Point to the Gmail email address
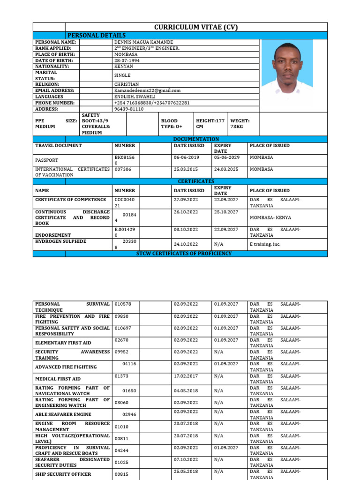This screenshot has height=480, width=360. pos(147,90)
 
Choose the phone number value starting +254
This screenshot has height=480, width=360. pos(152,103)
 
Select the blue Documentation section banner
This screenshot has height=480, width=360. pos(196,139)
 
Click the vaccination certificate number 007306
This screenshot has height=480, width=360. pos(123,169)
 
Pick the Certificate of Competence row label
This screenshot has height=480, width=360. pos(71,200)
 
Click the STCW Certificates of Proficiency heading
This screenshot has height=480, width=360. pos(184,254)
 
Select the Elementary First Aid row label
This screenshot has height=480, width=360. pos(63,343)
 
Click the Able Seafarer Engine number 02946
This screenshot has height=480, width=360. pos(130,414)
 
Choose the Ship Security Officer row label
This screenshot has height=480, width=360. pos(63,474)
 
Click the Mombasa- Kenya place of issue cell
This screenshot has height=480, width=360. pos(270,217)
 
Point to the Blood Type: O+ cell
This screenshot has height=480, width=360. pos(172,123)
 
